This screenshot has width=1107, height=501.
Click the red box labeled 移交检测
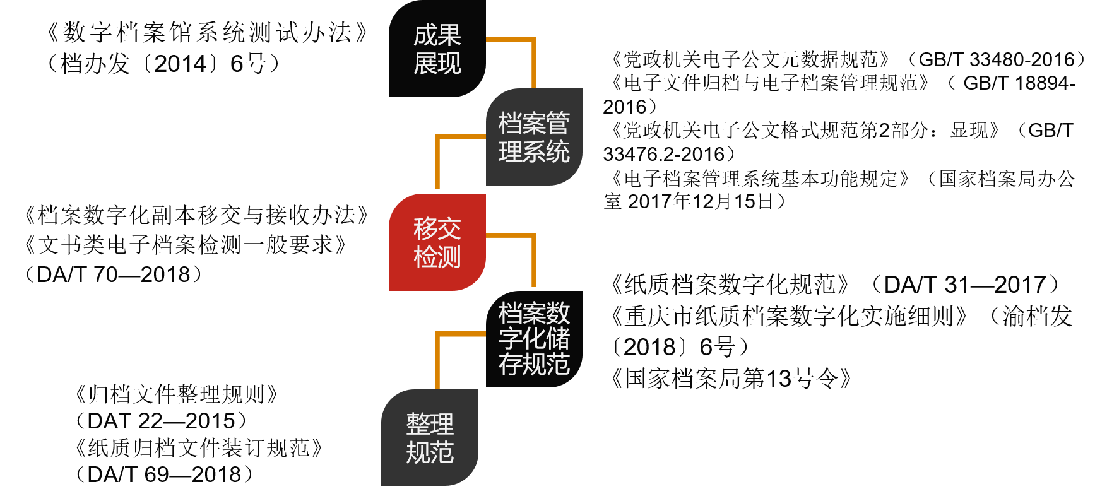pos(437,242)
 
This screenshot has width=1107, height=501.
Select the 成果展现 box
pos(437,49)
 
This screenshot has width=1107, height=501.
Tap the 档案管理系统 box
pos(534,137)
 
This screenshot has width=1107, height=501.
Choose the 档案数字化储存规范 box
pos(534,339)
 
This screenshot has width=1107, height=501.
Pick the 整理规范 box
pos(430,438)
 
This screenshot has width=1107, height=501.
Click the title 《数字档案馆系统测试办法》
pos(208,33)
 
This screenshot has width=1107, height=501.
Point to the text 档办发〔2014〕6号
pos(164,64)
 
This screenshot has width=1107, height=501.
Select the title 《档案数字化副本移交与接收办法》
pos(196,216)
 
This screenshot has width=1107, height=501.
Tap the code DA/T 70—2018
pos(114,274)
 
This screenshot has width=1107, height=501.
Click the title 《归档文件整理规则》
pos(177,395)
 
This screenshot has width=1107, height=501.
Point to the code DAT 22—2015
pos(160,421)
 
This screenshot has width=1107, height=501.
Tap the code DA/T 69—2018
pos(163,474)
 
